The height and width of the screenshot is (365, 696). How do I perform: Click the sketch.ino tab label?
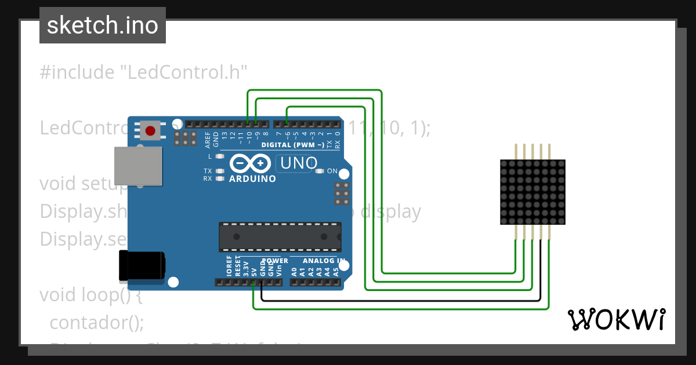click(103, 25)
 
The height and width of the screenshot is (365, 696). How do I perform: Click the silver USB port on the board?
click(137, 166)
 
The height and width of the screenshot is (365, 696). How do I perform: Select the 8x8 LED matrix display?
click(532, 192)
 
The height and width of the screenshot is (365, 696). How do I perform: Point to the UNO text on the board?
click(299, 163)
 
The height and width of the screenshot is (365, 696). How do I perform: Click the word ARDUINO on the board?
click(252, 179)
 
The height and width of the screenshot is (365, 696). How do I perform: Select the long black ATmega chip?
click(280, 236)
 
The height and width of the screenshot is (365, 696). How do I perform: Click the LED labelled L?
click(219, 157)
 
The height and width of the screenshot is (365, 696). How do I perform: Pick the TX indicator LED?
click(219, 171)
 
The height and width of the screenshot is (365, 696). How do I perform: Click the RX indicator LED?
click(219, 178)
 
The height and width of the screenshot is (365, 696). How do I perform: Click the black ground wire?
click(406, 301)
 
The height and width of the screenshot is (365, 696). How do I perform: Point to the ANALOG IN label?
click(324, 261)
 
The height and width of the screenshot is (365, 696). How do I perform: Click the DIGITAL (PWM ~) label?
click(293, 144)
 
